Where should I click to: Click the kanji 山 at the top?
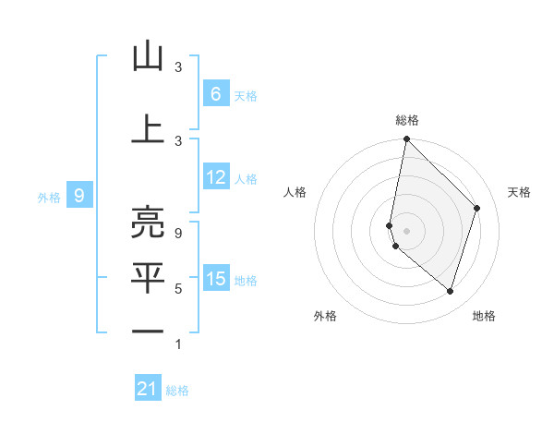148,57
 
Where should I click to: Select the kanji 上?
148,128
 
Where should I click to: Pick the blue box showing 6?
215,93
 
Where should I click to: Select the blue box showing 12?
216,177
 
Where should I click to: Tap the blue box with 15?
216,279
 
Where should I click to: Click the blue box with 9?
79,195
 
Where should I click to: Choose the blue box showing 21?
148,389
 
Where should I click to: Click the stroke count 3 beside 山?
178,67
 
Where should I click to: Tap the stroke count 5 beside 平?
178,289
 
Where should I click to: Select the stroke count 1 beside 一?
178,344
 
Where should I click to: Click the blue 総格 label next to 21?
177,391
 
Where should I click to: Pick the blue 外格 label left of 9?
49,197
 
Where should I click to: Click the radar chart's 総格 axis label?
407,120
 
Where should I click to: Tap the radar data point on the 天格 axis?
477,208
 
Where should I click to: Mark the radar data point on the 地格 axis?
451,291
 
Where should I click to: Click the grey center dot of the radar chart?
407,230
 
